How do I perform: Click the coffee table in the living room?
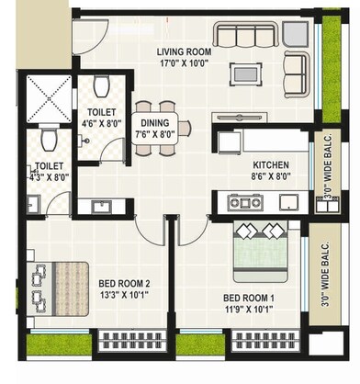243,73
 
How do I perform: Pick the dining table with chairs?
154,128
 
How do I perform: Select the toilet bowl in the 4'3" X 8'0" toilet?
51,142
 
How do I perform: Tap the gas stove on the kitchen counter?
246,201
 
